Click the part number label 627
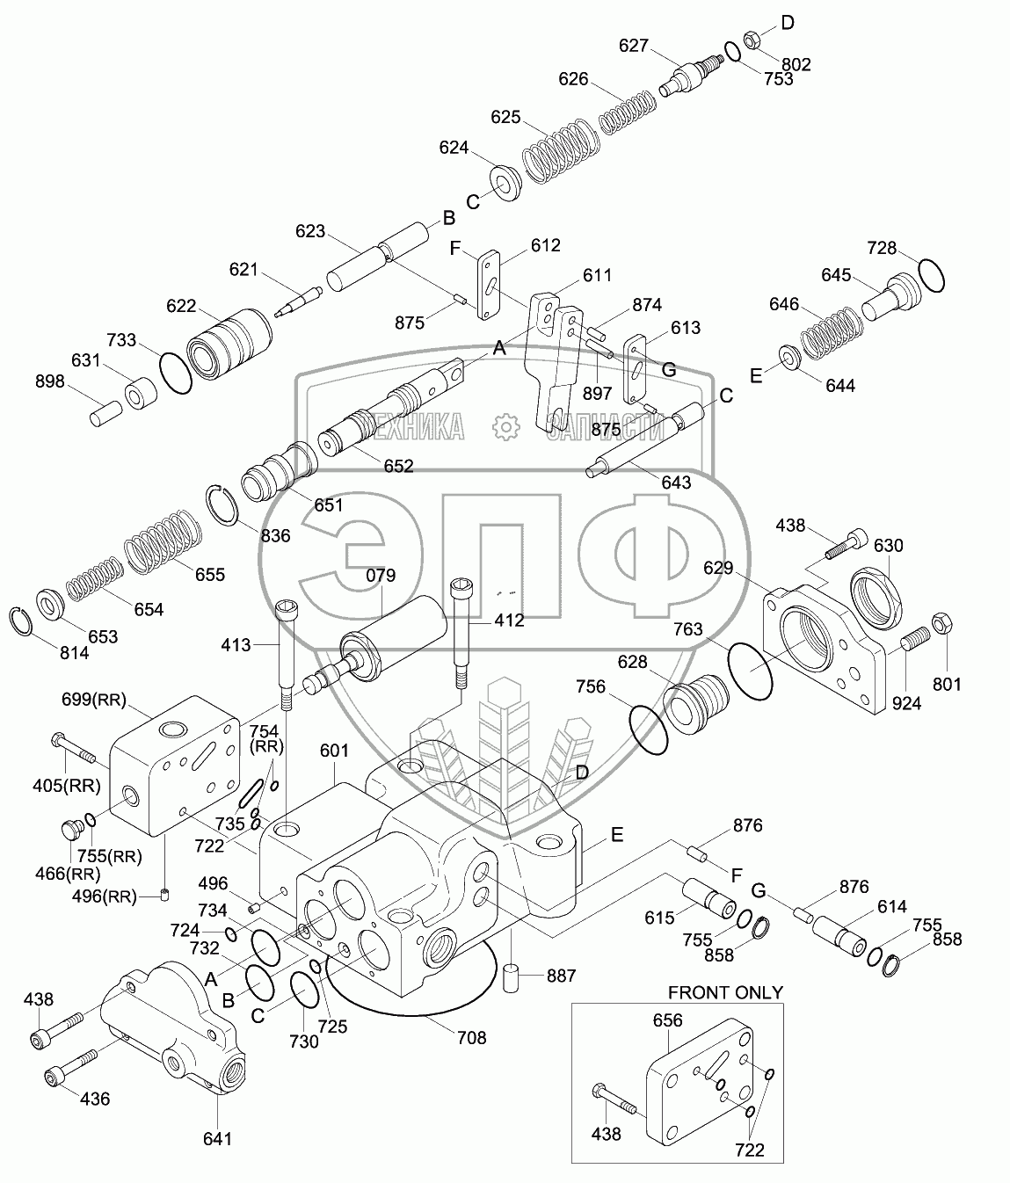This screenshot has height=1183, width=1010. (x=633, y=46)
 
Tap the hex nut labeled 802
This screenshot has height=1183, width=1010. (x=752, y=41)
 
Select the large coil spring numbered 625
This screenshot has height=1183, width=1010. (x=561, y=151)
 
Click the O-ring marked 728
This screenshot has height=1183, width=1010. (x=930, y=275)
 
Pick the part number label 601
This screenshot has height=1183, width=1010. (x=334, y=750)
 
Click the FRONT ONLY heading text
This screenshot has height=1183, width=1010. (x=725, y=992)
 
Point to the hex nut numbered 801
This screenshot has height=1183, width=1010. (x=941, y=623)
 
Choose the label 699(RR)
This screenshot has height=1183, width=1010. (x=94, y=700)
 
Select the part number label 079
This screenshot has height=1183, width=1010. (x=381, y=575)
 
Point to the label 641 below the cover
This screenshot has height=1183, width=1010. (x=217, y=1139)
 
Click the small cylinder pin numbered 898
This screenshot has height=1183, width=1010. (x=106, y=413)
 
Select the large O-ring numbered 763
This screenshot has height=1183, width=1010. (x=750, y=670)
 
